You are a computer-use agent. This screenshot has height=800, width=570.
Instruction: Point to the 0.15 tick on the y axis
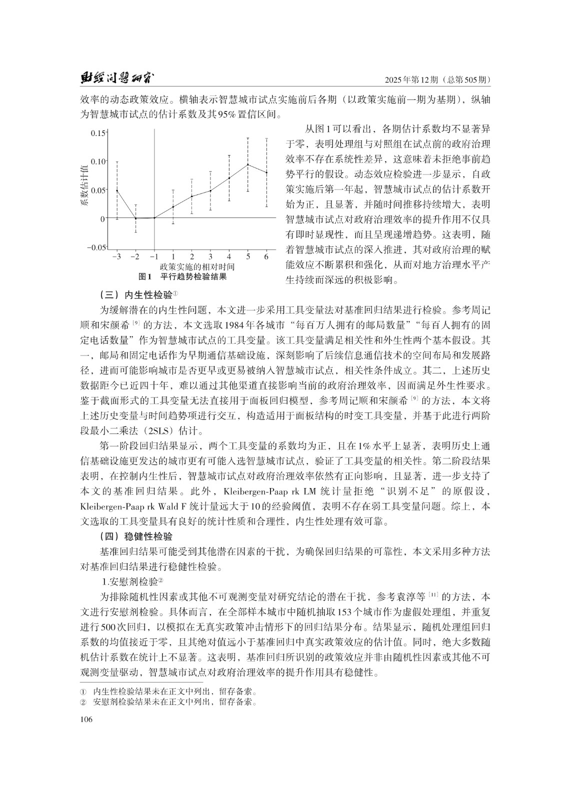98,133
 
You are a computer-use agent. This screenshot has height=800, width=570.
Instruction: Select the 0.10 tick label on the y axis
98,161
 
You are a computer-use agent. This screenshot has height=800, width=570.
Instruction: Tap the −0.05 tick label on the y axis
96,247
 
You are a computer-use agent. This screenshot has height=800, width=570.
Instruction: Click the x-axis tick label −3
116,256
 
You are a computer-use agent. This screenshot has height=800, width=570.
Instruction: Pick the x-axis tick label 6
266,256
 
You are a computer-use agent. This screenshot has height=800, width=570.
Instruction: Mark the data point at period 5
248,164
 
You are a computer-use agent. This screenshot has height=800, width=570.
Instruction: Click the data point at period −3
117,190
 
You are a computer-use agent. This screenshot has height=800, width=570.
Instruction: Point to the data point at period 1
173,207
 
